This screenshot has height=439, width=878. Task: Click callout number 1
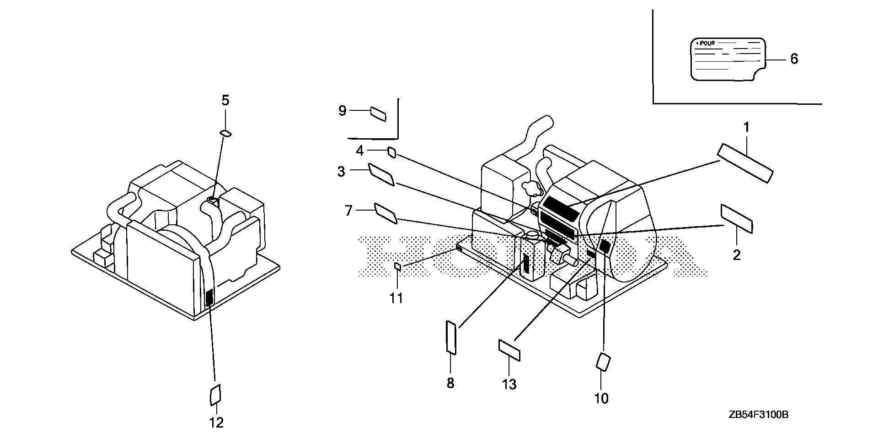pos(746,128)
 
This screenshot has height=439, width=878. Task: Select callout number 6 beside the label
pos(794,59)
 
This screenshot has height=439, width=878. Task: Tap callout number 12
pos(217,423)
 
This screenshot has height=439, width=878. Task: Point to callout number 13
pos(509,384)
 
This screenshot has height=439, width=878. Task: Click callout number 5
pos(225,100)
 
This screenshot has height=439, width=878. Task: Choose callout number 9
pos(343,110)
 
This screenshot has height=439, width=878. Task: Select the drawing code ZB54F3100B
pos(759,415)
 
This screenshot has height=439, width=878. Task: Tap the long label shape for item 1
pos(745,163)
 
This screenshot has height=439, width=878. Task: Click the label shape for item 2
pos(737,219)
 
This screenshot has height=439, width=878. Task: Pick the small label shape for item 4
pos(391,152)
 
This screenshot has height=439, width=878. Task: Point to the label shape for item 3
pos(381,175)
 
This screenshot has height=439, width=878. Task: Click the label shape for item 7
pos(385,214)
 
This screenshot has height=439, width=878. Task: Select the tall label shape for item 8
pos(451,338)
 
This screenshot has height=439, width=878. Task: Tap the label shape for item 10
pos(603,362)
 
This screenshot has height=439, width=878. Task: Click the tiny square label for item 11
pos(398,266)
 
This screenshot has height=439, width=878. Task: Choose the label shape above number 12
pos(215,394)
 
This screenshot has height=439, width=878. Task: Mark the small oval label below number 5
pos(226,133)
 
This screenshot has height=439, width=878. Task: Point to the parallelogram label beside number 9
pos(378,114)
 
